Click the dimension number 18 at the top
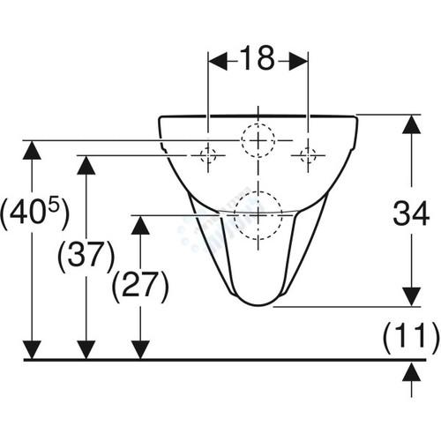pyautogui.click(x=258, y=58)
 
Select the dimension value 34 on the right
pyautogui.click(x=411, y=213)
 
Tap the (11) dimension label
pyautogui.click(x=411, y=338)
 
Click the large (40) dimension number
pyautogui.click(x=29, y=213)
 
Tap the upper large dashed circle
pyautogui.click(x=241, y=140)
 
